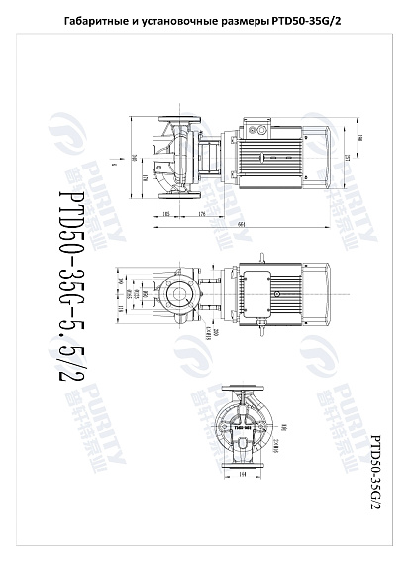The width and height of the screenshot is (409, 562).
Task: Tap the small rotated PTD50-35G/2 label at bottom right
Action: pos(375,471)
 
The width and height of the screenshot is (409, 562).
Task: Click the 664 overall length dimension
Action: pos(242,222)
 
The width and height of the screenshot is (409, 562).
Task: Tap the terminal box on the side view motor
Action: pos(259,130)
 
